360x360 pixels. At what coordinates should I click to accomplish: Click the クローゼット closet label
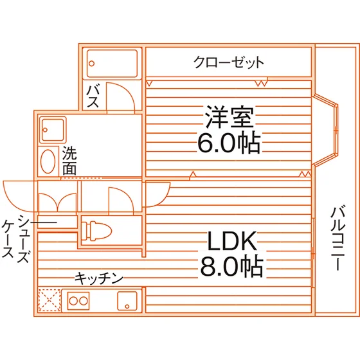tap(229, 62)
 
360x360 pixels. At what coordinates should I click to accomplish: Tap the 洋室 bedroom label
tap(230, 117)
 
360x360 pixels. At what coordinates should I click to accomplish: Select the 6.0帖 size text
tap(229, 143)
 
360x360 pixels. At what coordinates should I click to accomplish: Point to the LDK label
tap(232, 241)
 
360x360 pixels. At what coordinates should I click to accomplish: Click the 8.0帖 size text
tap(231, 266)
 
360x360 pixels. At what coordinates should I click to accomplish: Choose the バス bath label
tap(93, 96)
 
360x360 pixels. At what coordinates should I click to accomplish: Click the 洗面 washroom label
tap(69, 161)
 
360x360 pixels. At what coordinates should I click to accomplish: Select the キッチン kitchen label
tap(99, 278)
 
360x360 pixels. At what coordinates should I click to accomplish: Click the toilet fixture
tap(96, 231)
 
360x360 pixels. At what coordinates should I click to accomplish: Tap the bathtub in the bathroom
tap(112, 64)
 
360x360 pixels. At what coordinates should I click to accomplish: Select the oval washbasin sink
tap(48, 161)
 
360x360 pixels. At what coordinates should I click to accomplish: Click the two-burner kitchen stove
tap(78, 301)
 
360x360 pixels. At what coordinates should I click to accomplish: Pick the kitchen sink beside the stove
tap(127, 301)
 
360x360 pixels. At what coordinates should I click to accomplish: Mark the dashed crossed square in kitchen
tap(50, 301)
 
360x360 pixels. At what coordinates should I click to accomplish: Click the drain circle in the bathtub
tap(91, 64)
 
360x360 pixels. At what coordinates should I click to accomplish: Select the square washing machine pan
tap(53, 130)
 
